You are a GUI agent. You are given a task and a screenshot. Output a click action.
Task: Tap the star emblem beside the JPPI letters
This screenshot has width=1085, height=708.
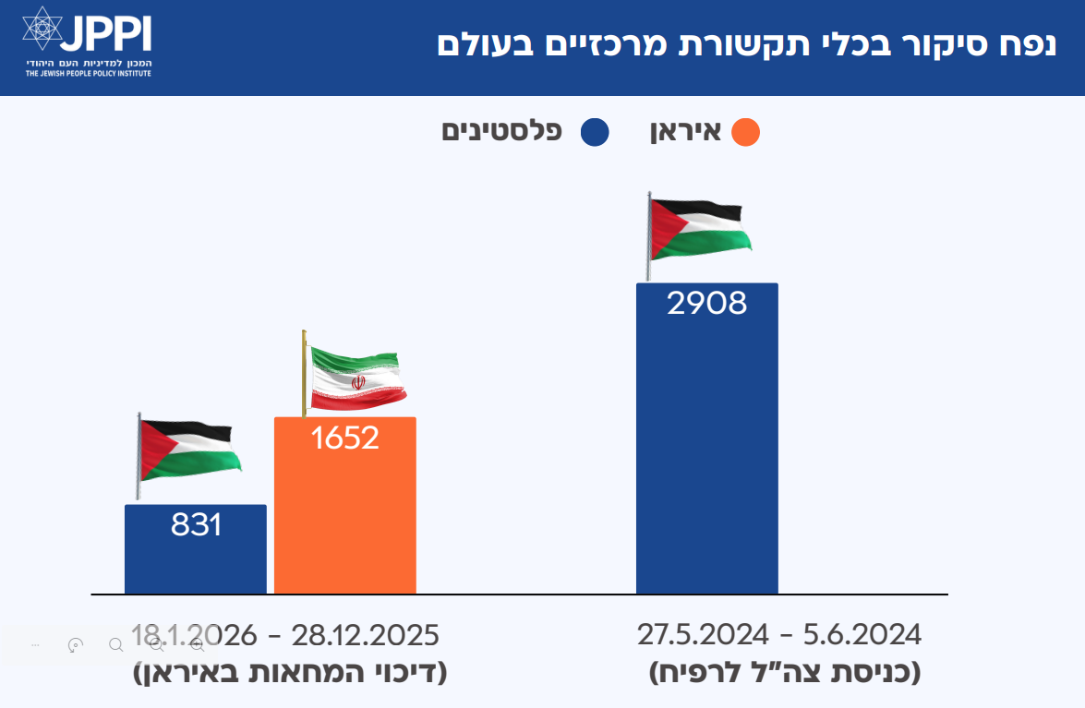[x=42, y=30]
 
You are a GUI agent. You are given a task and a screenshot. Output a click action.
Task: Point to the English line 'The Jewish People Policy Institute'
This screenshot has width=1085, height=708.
[x=88, y=72]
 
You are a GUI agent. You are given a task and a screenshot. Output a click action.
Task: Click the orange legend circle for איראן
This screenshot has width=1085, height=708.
[x=745, y=132]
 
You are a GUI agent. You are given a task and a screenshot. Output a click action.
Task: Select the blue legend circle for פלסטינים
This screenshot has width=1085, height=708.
[x=595, y=132]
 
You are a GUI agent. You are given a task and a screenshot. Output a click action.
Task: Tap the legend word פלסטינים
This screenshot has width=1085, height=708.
[x=502, y=130]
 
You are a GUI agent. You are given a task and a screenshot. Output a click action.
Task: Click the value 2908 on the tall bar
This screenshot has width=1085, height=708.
[x=706, y=303]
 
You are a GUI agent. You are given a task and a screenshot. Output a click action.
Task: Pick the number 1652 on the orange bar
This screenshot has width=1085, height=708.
[x=344, y=438]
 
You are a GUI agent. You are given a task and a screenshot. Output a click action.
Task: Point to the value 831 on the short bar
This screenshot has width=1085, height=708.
[x=196, y=524]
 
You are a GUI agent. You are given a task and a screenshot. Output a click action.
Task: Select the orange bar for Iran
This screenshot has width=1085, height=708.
[x=344, y=517]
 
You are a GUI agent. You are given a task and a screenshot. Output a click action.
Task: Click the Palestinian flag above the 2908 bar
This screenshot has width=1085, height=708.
[x=698, y=229]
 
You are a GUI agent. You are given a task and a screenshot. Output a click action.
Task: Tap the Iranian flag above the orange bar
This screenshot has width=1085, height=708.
[x=356, y=379]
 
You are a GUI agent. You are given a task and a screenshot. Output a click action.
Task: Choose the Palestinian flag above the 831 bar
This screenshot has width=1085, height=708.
[x=188, y=451]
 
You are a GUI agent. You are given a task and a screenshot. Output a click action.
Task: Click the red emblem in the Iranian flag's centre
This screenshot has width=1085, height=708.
[x=357, y=380]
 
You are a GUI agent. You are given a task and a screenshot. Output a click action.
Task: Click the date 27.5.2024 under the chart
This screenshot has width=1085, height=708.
[x=703, y=635]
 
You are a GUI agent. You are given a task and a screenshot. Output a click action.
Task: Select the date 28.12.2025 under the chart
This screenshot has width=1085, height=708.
[x=365, y=635]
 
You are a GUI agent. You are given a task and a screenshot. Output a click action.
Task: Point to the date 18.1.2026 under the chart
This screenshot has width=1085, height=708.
[x=194, y=635]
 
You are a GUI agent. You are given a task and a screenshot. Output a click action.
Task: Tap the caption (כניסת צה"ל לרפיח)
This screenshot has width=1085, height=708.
[x=785, y=671]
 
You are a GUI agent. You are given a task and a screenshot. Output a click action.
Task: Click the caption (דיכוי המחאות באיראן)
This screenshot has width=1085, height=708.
[x=291, y=671]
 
